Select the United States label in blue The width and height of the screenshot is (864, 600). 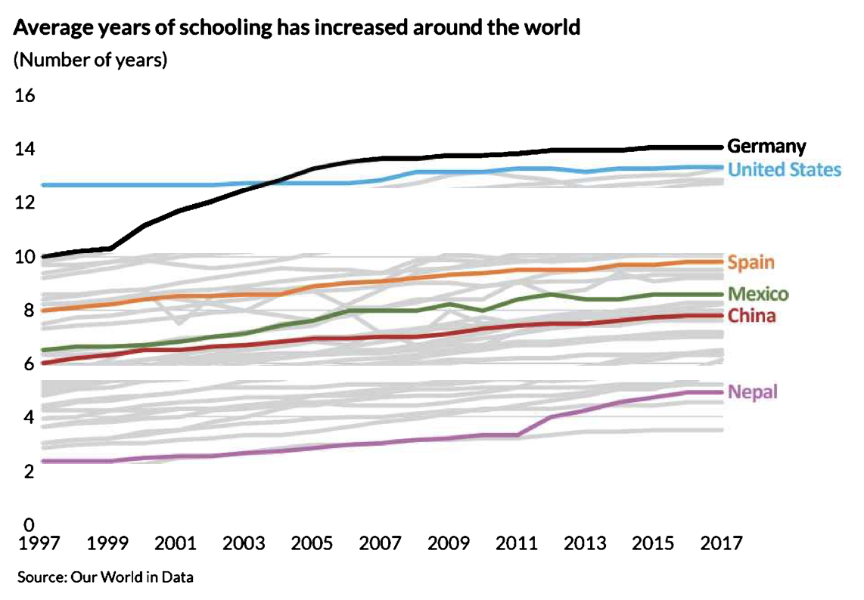tap(784, 169)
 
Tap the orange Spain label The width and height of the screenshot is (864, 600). tap(751, 263)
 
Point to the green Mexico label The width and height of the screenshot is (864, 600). tap(757, 294)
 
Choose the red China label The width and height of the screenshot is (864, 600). tap(751, 315)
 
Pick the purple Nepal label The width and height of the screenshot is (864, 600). tap(752, 391)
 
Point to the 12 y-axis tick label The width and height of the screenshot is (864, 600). tap(25, 203)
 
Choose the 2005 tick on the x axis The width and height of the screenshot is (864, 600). tap(312, 543)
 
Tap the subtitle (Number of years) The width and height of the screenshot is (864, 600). tap(90, 60)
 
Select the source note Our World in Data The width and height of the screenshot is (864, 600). tap(105, 577)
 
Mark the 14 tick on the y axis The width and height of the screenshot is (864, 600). tap(25, 150)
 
